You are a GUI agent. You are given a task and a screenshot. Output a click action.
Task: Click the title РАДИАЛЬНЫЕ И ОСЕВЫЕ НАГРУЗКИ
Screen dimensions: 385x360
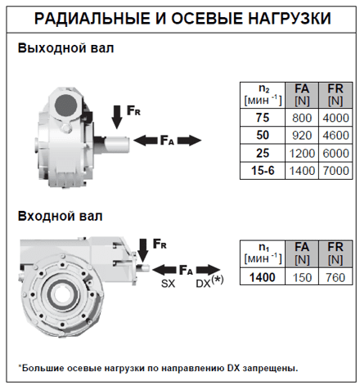coord(180,18)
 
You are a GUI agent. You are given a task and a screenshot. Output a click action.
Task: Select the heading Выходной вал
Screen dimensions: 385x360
coord(65,48)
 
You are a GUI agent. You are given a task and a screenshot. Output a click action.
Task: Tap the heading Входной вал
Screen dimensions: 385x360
coord(60,216)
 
